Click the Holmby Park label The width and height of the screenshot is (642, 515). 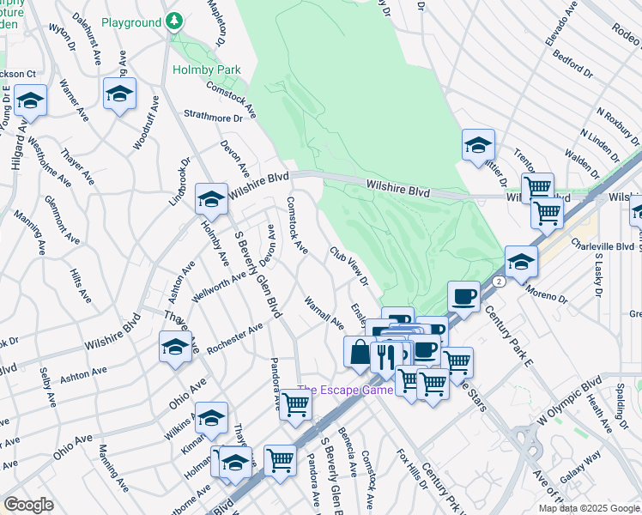(x=206, y=70)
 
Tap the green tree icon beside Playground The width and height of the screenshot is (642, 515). (x=174, y=20)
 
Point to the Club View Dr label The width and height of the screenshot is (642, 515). (x=349, y=266)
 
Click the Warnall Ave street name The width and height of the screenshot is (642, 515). (x=324, y=314)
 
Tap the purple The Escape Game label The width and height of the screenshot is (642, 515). (x=345, y=390)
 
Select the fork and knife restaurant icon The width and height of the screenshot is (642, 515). (x=385, y=355)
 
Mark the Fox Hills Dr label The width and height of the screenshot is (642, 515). (x=412, y=469)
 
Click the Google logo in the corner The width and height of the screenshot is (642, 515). (x=28, y=505)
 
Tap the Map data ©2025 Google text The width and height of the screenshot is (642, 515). (x=589, y=508)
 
